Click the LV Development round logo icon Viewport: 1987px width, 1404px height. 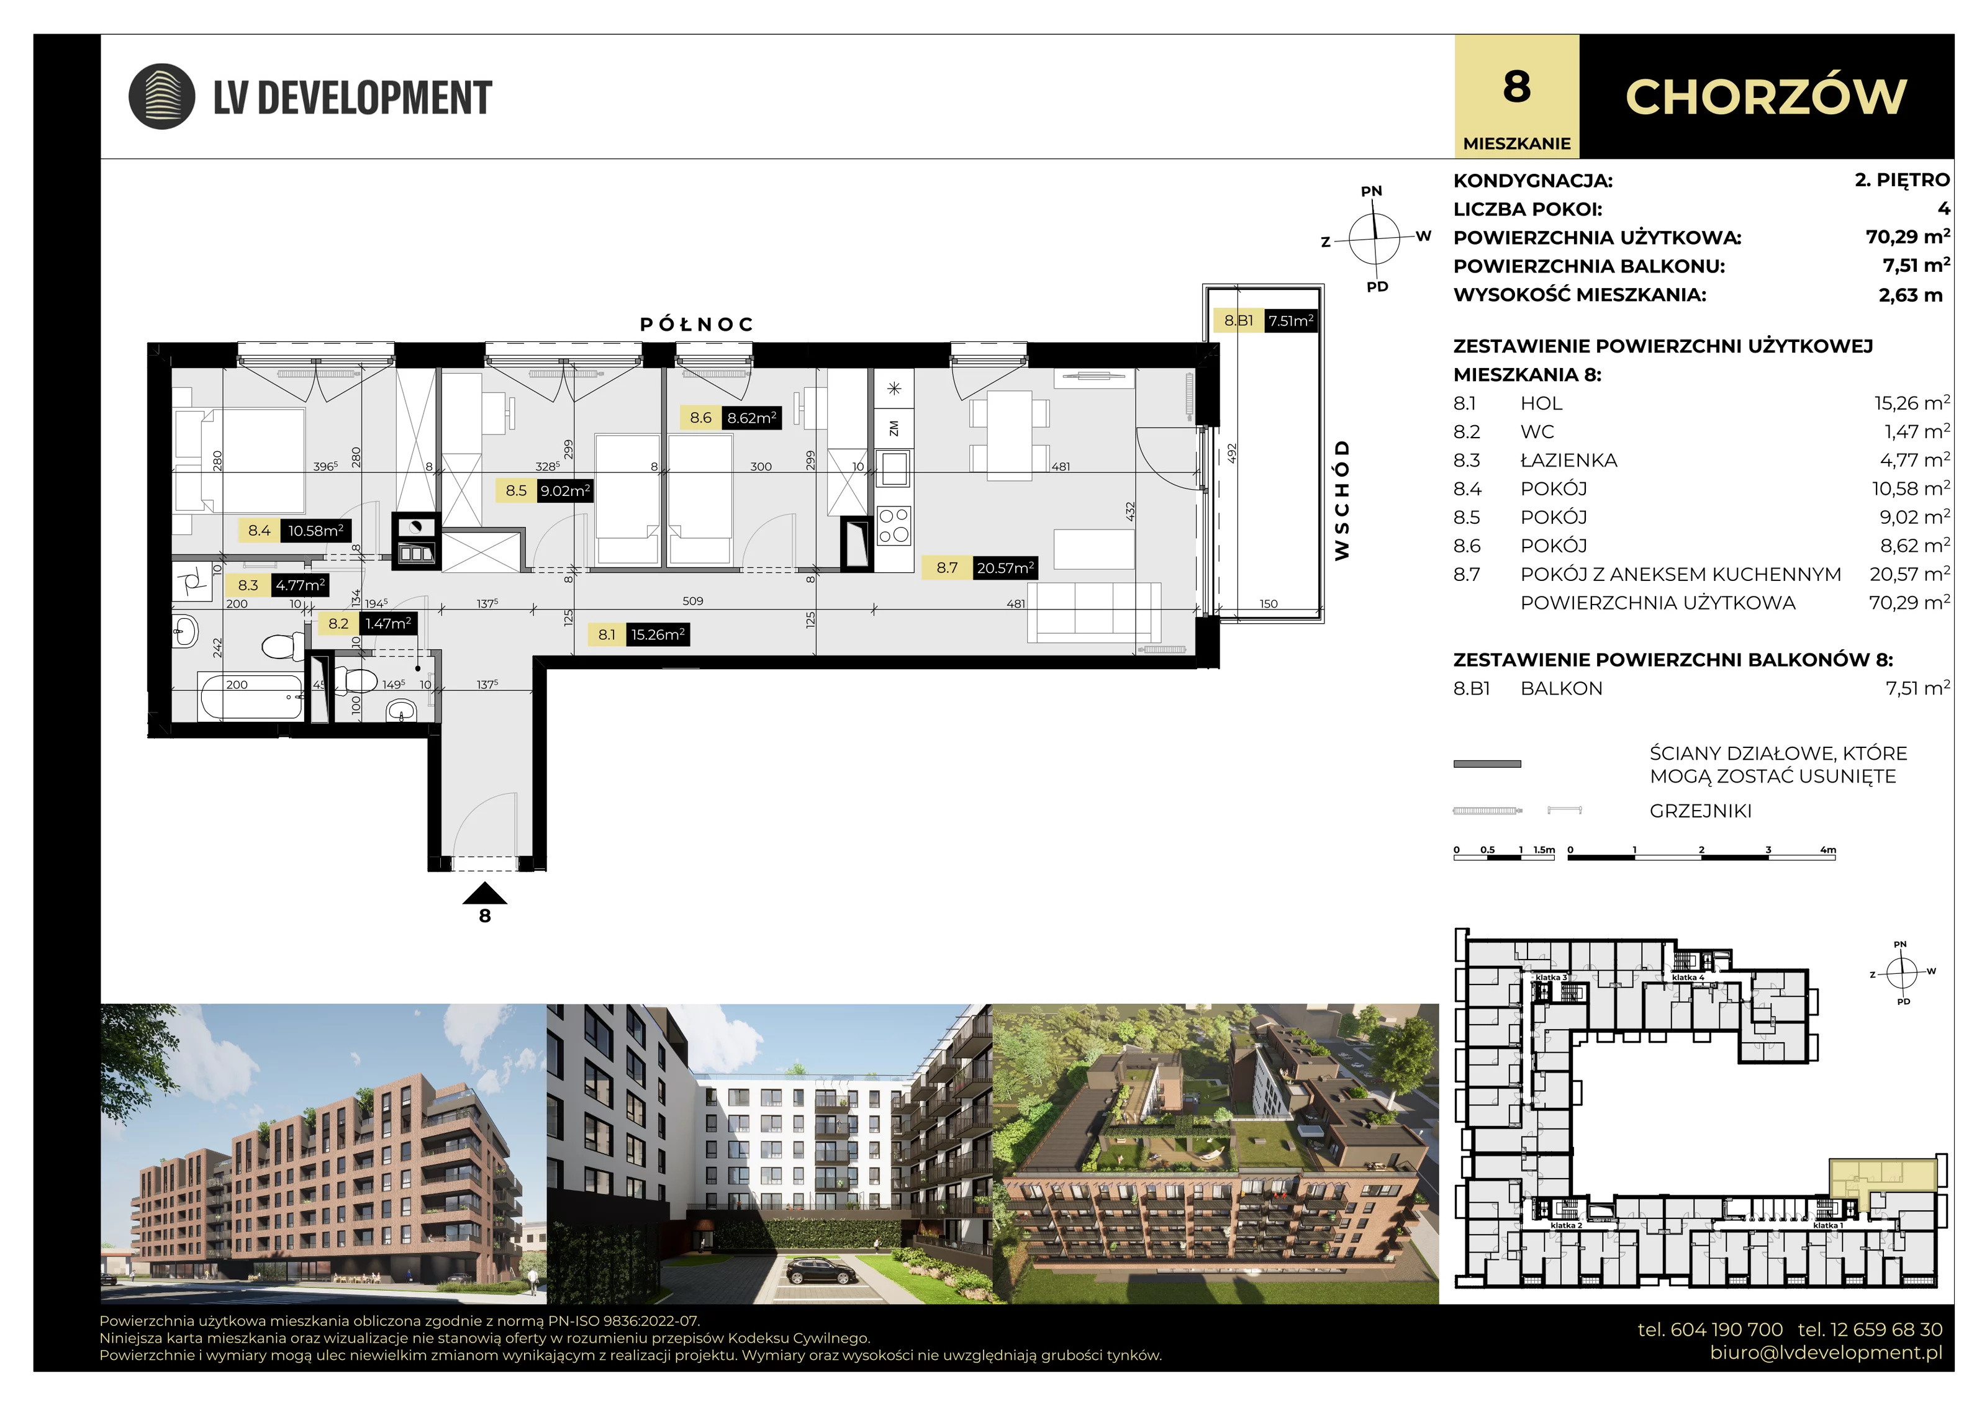point(162,96)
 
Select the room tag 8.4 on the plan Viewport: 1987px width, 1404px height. point(259,530)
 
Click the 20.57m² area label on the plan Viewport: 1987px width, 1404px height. point(1005,567)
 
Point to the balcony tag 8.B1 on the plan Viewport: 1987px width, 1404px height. point(1238,320)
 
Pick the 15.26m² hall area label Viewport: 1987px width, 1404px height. point(658,634)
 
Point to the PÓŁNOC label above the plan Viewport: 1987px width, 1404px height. point(697,325)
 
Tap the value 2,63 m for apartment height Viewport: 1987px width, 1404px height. point(1911,295)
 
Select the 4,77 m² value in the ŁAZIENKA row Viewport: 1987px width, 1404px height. point(1914,459)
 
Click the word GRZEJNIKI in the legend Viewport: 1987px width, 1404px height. point(1701,811)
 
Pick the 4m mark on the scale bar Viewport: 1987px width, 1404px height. point(1828,850)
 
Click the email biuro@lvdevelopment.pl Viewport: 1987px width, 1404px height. point(1826,1352)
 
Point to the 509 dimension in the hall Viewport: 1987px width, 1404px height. point(692,600)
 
